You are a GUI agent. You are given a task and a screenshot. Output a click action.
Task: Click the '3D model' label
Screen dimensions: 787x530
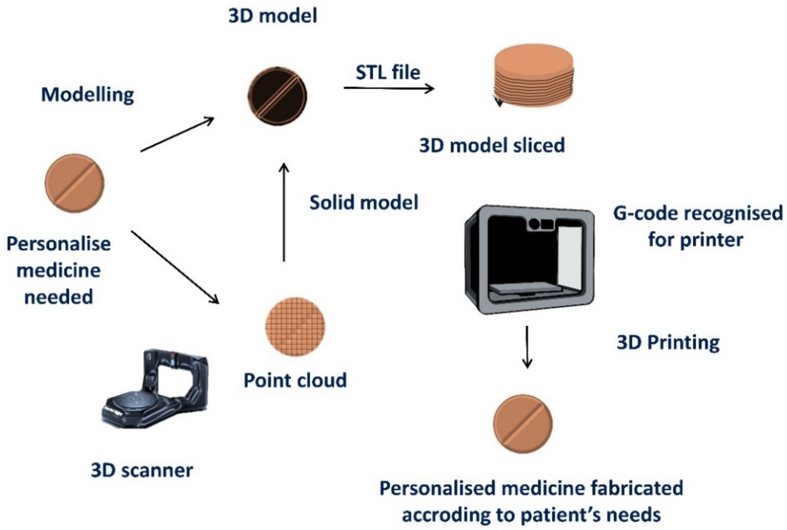(273, 16)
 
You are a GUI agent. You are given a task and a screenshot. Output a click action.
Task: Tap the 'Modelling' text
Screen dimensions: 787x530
(87, 95)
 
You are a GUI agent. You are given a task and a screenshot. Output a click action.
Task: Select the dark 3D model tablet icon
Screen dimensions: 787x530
(278, 96)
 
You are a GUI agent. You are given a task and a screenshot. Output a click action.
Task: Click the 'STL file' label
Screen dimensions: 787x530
(388, 73)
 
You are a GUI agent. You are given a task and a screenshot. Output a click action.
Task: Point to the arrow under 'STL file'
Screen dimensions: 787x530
(389, 89)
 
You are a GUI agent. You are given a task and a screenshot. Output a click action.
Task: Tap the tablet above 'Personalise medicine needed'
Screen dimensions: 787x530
(75, 183)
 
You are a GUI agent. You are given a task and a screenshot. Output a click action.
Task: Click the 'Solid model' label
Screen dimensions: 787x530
(364, 203)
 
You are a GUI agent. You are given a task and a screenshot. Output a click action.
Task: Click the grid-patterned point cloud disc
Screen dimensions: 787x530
(295, 326)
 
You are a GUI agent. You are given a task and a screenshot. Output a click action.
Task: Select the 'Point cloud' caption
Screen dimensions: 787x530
(295, 380)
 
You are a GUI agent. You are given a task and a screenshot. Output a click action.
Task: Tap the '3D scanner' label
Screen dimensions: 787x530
(142, 470)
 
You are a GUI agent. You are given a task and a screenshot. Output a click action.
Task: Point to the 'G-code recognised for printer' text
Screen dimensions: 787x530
(697, 227)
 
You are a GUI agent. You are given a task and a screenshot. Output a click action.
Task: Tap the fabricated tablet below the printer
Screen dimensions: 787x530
(523, 424)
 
